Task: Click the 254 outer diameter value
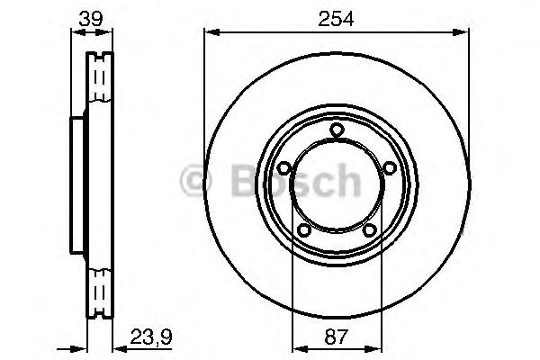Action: pos(336,16)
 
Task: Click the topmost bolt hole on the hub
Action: pos(336,131)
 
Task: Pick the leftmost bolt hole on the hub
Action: pos(284,168)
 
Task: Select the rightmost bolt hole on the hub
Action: pos(388,168)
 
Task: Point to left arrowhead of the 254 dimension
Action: pos(210,33)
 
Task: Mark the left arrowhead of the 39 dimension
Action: pos(76,33)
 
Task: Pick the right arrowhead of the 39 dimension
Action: pos(110,33)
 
